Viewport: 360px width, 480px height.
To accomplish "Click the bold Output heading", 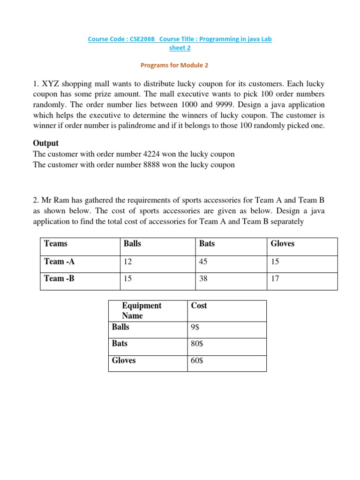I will point(45,142).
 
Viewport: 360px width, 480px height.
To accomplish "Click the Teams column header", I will point(56,243).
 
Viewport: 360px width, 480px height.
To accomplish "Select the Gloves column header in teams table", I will point(283,243).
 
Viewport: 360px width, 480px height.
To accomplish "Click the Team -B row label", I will point(59,278).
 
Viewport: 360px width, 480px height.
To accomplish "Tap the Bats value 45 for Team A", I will point(203,262).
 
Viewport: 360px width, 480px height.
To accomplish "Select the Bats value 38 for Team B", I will point(203,279).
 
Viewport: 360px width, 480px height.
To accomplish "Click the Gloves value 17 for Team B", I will point(275,279).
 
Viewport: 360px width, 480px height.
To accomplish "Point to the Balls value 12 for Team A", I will point(127,262).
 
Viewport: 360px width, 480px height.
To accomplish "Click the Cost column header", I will point(199,306).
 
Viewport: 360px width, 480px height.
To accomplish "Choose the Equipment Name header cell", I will point(142,310).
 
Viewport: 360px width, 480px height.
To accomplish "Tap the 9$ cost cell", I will point(195,327).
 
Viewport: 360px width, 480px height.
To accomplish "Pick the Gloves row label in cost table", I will point(124,360).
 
